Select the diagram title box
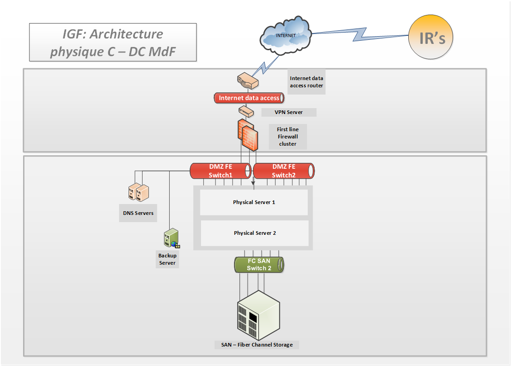point(113,43)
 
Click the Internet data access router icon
point(248,81)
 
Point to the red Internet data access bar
point(249,98)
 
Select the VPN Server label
point(288,112)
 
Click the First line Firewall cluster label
point(287,137)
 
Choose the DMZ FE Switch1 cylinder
point(220,171)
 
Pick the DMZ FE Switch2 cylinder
point(283,171)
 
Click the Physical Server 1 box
point(254,202)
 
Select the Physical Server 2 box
point(255,233)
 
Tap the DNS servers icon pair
point(138,192)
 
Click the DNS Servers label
point(138,213)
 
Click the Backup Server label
point(167,259)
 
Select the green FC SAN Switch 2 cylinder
point(259,265)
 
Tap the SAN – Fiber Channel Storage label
point(257,345)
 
